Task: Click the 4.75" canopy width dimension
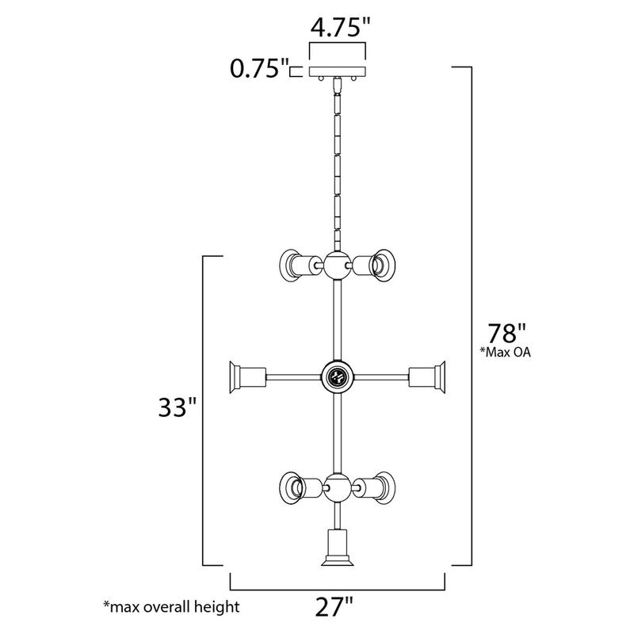(340, 29)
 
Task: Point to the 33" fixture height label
(176, 408)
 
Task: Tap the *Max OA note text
(502, 353)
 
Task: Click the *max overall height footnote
(170, 607)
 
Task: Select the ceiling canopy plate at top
(338, 74)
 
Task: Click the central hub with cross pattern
(337, 376)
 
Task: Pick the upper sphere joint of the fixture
(336, 264)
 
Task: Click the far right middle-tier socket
(429, 376)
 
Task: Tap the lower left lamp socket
(295, 485)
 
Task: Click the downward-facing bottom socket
(337, 549)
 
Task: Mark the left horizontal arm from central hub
(293, 376)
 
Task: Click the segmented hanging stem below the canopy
(337, 166)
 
